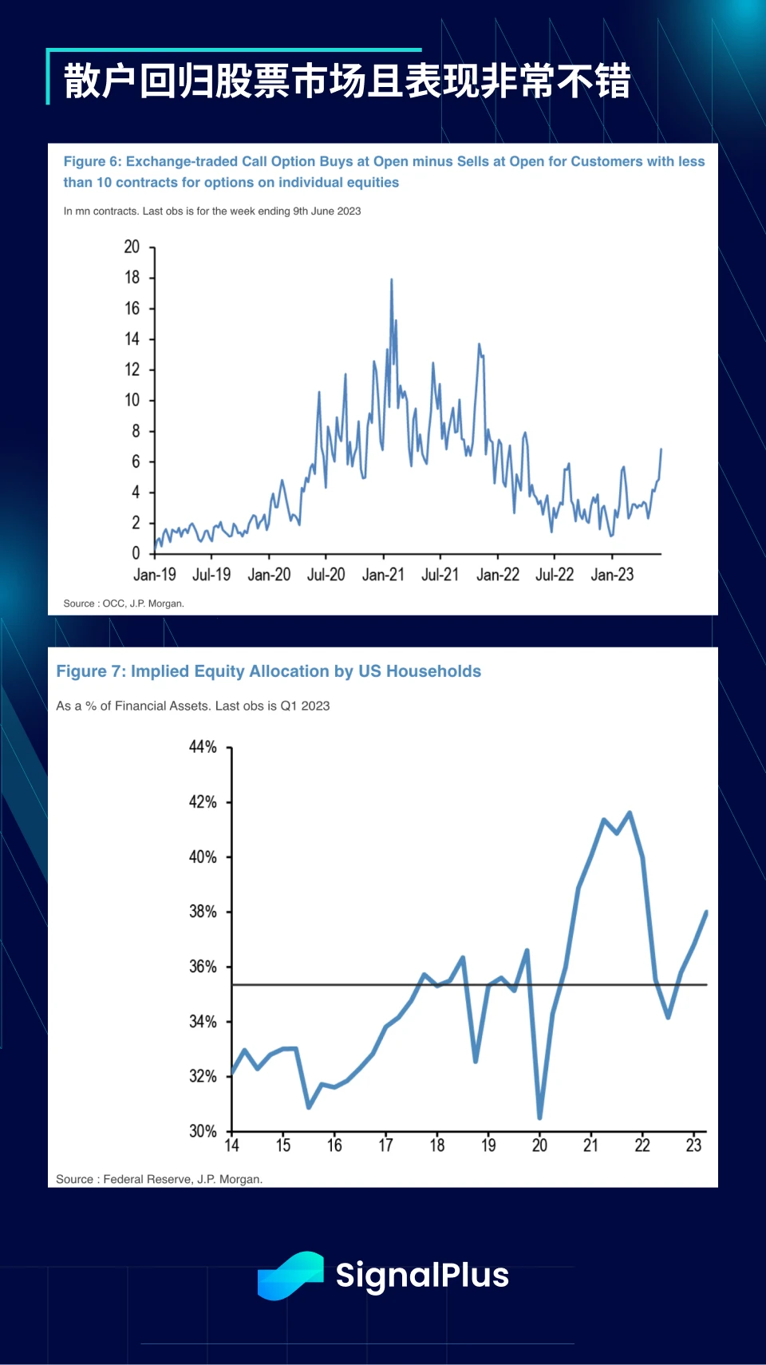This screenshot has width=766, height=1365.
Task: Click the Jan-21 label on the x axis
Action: pos(383,575)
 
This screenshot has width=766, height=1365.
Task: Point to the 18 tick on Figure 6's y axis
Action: pos(132,278)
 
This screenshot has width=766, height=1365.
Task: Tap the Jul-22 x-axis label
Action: pos(555,575)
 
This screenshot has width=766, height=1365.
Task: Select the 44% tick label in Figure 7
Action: pos(203,747)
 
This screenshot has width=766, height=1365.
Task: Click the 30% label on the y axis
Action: pos(203,1131)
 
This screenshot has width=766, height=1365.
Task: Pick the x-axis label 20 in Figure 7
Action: pos(540,1145)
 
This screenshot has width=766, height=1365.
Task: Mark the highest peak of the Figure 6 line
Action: pos(391,280)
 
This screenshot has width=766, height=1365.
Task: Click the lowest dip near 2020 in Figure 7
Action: pos(540,1117)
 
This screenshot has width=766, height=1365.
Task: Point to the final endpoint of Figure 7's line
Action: pos(706,912)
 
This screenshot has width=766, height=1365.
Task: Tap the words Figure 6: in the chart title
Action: pos(93,161)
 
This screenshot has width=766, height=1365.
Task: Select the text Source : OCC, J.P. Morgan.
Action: pos(124,603)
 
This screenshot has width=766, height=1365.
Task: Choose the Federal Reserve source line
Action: pos(160,1179)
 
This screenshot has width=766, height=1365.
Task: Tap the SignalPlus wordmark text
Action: pos(422,1276)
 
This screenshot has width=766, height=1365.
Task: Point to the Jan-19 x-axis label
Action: pos(155,575)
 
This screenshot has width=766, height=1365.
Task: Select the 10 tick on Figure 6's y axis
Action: pos(132,400)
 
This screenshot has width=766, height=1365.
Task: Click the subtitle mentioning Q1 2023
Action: pos(193,706)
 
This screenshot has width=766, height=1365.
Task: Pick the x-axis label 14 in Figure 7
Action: pos(232,1145)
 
